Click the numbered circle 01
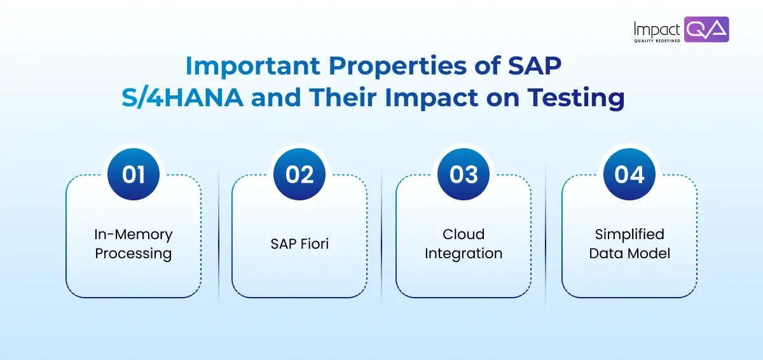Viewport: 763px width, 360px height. [x=134, y=175]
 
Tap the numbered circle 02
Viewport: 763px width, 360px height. [x=299, y=175]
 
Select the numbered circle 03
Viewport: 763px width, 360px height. [x=464, y=175]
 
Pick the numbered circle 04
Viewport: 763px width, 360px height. [x=629, y=175]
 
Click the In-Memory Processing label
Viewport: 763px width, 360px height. [x=134, y=244]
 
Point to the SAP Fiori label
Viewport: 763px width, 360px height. [x=299, y=244]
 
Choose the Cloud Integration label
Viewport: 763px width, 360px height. [x=464, y=244]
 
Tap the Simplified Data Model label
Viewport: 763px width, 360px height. [x=629, y=244]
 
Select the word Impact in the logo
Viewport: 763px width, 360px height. [x=657, y=29]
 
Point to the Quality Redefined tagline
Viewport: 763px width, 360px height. [x=657, y=41]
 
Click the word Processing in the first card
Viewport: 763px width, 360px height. [x=134, y=253]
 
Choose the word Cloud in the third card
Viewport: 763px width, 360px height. [x=464, y=234]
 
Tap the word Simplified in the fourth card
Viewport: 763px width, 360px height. [x=629, y=234]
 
